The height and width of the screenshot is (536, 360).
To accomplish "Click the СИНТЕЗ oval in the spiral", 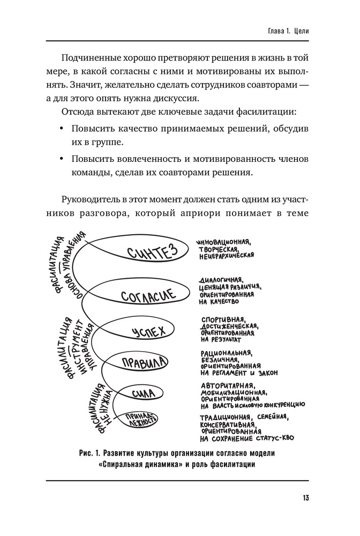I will click(x=152, y=254).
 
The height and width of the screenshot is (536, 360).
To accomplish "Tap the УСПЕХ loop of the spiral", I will click(x=148, y=332).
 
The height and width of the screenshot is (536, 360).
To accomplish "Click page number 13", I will click(x=305, y=498).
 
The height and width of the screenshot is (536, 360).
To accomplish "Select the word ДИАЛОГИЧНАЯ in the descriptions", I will click(x=222, y=280).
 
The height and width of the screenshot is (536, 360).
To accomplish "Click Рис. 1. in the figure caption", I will click(x=89, y=453).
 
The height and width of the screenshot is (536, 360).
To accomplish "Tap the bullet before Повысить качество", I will click(x=62, y=130).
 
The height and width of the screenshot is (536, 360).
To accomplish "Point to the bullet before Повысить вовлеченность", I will click(x=62, y=159).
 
